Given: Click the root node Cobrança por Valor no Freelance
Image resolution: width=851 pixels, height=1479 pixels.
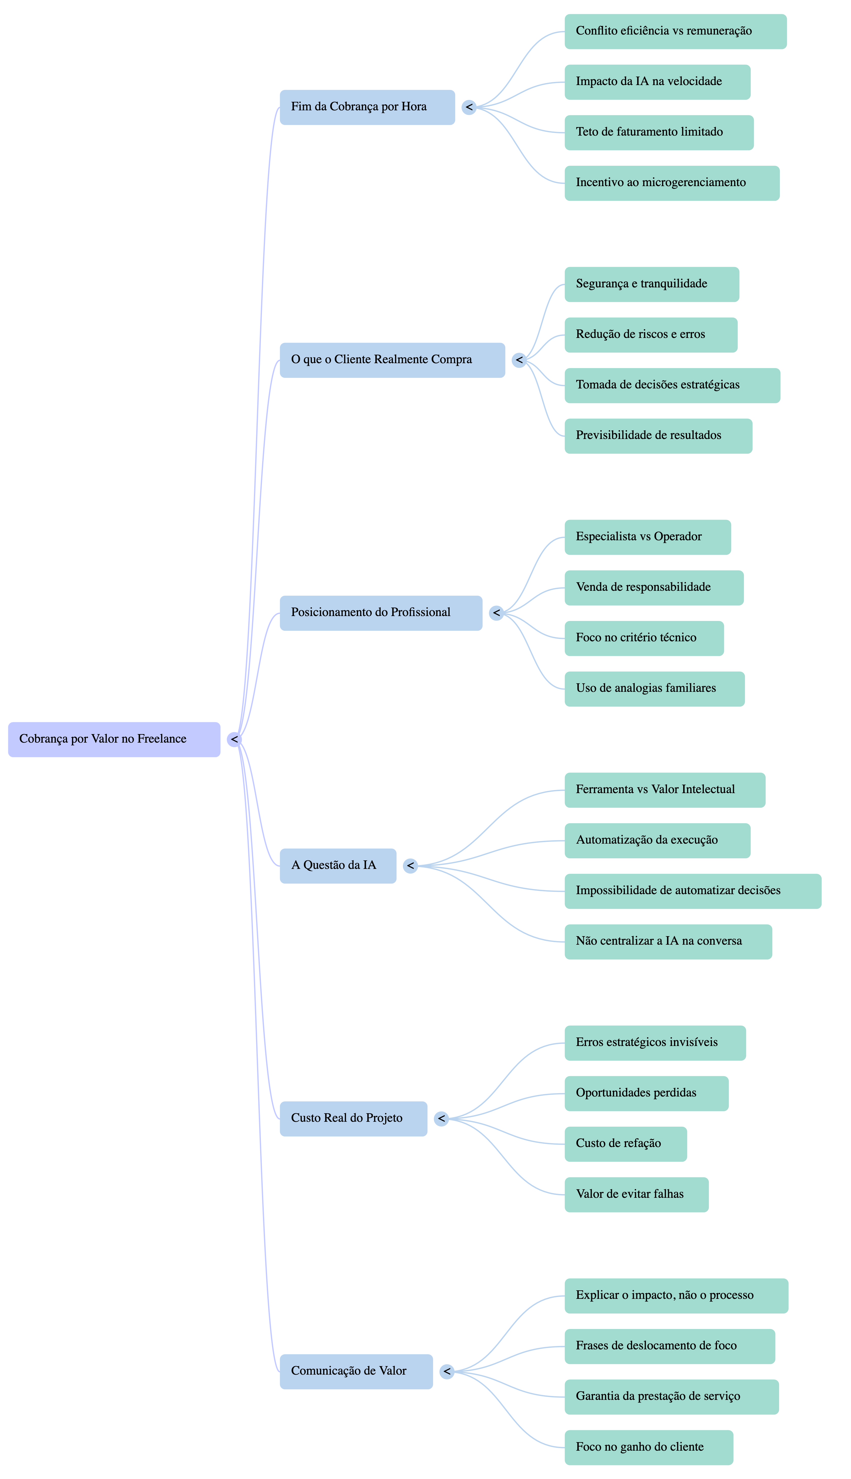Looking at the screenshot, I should [x=114, y=739].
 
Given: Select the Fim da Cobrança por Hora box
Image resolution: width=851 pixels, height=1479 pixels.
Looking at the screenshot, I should [x=367, y=107].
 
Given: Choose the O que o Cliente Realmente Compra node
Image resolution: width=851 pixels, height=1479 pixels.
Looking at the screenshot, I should [x=392, y=360].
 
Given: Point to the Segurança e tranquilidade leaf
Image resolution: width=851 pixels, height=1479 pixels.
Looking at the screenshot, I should [x=652, y=284].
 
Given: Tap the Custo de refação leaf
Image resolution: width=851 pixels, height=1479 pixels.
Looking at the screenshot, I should [x=625, y=1144].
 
